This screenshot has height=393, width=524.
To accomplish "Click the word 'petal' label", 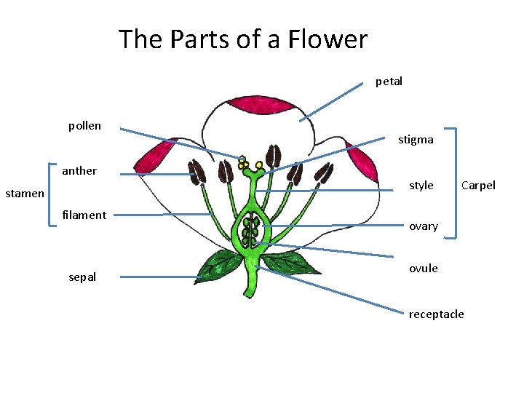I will (389, 82).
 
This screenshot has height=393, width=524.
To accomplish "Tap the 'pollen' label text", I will (84, 126).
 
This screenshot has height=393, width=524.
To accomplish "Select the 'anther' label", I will (79, 171).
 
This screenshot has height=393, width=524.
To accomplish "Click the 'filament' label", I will (84, 215).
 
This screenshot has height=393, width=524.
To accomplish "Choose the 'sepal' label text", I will (82, 277).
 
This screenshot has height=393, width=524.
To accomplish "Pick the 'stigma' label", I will (416, 140).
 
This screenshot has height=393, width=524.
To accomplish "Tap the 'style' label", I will (421, 186).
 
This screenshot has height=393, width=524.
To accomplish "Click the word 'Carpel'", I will (478, 186).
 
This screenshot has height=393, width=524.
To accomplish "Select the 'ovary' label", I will (423, 226).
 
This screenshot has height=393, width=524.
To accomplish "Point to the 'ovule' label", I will (423, 268).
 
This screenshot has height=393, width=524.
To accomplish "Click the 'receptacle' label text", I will (436, 314).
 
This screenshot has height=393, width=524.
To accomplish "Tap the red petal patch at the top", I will (261, 108).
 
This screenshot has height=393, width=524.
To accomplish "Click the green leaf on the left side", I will (218, 266).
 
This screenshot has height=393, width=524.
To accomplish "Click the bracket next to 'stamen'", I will (50, 194).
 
